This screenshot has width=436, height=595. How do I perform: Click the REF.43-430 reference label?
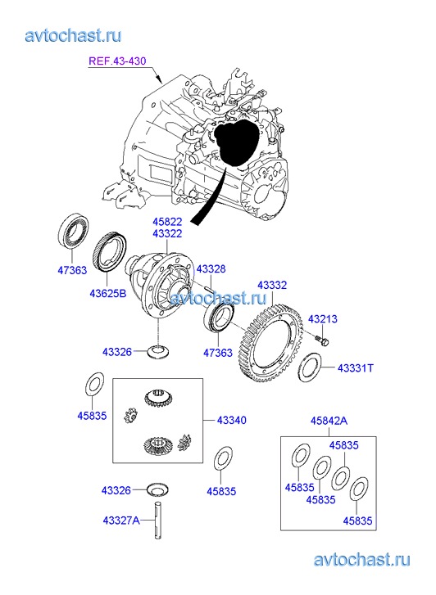[x=117, y=61]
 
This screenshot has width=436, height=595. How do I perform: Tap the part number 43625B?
[x=108, y=293]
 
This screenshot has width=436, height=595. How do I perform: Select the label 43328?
[x=211, y=269]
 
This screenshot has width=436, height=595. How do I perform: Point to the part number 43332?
[x=272, y=285]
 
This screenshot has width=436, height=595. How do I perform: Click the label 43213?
[x=322, y=318]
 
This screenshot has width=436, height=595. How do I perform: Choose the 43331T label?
[x=356, y=367]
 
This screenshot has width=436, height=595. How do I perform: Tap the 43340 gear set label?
[x=231, y=420]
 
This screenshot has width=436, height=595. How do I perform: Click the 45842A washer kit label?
[x=329, y=421]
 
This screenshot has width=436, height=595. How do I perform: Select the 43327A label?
[x=121, y=521]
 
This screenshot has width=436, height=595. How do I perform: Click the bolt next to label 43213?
[x=321, y=340]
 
